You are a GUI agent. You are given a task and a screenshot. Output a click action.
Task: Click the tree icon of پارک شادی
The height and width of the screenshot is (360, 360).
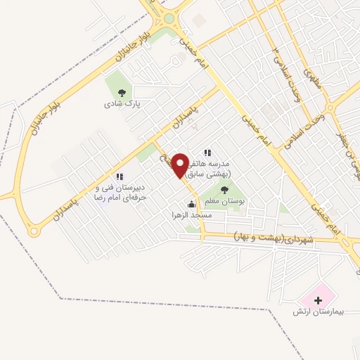click(x=122, y=92)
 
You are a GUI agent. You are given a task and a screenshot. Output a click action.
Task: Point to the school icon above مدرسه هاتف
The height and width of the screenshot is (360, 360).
click(x=207, y=152)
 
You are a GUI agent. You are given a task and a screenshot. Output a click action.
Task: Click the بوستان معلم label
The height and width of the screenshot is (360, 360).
click(x=224, y=200)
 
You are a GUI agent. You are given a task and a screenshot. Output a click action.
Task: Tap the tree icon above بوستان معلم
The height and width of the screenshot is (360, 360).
click(x=224, y=190)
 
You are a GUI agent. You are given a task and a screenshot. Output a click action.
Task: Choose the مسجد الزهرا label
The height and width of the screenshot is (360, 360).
click(x=191, y=216)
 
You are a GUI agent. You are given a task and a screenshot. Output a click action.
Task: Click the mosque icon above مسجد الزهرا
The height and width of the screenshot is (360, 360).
click(x=191, y=205)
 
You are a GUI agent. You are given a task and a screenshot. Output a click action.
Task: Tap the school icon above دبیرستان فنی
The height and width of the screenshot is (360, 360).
click(x=120, y=176)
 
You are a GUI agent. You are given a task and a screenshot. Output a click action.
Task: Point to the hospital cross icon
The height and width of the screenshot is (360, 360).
click(x=319, y=300)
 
